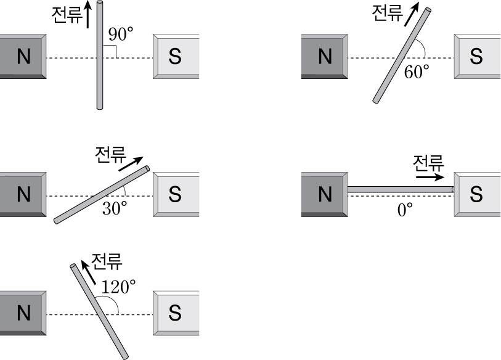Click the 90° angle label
(121, 35)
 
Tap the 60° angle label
(417, 72)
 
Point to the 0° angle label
(405, 210)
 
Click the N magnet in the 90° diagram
(22, 57)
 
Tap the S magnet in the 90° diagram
(176, 57)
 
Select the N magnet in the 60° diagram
(324, 57)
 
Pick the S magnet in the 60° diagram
(477, 57)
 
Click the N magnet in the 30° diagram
(22, 195)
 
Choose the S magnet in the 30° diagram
(176, 195)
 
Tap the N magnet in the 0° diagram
(324, 195)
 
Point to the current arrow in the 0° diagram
(430, 176)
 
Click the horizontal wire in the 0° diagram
(401, 189)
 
